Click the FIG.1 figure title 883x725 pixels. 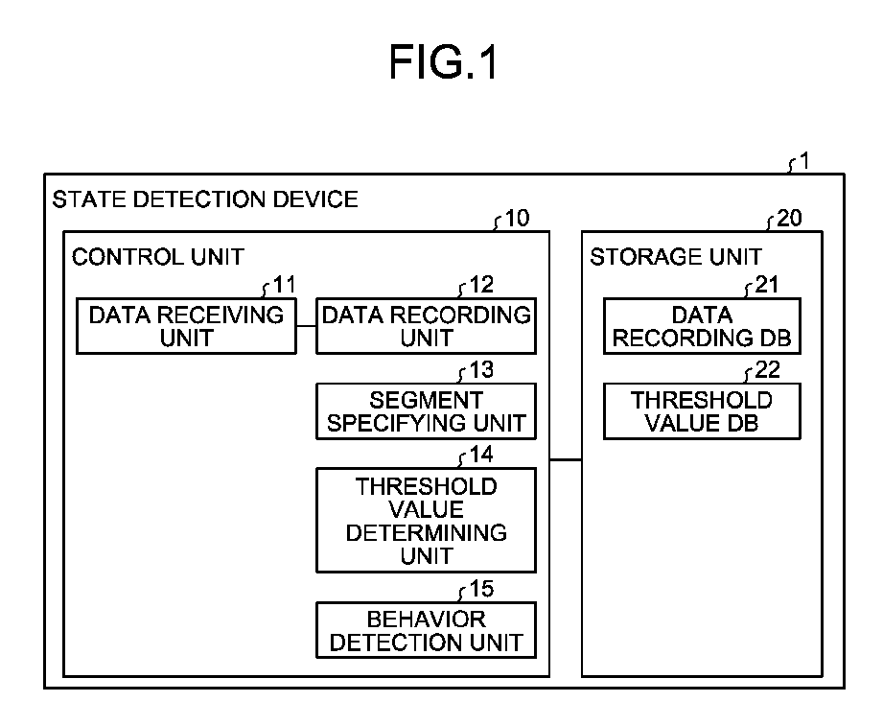pyautogui.click(x=443, y=62)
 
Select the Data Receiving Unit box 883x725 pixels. pyautogui.click(x=186, y=326)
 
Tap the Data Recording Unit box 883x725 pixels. pyautogui.click(x=427, y=326)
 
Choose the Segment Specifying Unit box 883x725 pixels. pyautogui.click(x=427, y=411)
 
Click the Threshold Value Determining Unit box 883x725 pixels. pyautogui.click(x=427, y=520)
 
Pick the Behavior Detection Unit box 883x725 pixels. pyautogui.click(x=427, y=630)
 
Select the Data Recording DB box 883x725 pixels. pyautogui.click(x=702, y=326)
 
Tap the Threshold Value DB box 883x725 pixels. pyautogui.click(x=702, y=411)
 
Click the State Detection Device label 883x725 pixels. pyautogui.click(x=205, y=199)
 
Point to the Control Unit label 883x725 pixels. pyautogui.click(x=157, y=257)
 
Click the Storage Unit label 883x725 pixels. pyautogui.click(x=676, y=257)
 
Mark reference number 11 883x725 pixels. pyautogui.click(x=284, y=285)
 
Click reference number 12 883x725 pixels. pyautogui.click(x=481, y=285)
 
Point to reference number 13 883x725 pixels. pyautogui.click(x=481, y=369)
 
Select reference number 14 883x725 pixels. pyautogui.click(x=481, y=454)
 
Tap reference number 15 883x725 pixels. pyautogui.click(x=481, y=589)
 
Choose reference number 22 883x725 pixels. pyautogui.click(x=767, y=369)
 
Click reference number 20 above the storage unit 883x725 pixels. pyautogui.click(x=789, y=218)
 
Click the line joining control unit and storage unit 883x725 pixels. pyautogui.click(x=566, y=459)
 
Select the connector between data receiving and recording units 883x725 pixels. pyautogui.click(x=307, y=326)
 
